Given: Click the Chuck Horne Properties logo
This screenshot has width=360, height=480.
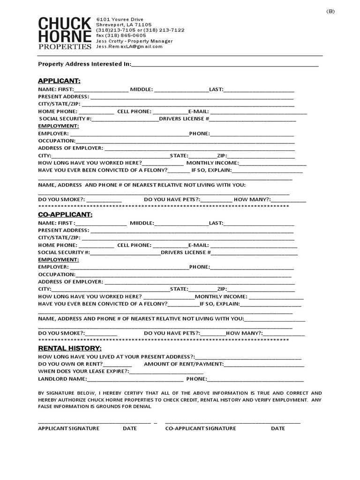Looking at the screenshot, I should tap(65, 33).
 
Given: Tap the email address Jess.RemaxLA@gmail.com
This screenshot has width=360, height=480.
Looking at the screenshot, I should tap(129, 46).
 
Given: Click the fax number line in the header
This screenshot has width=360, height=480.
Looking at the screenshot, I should tap(121, 35).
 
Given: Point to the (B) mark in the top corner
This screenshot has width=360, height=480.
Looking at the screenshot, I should tap(330, 12).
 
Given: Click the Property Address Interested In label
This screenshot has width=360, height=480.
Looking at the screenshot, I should tap(84, 64).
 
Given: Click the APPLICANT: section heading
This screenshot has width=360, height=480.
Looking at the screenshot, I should tap(59, 81).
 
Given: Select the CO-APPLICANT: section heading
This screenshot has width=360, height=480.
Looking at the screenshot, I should tap(65, 214).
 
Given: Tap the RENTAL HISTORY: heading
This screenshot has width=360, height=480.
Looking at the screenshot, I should tap(69, 348).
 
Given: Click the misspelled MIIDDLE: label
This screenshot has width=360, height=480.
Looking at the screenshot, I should tap(142, 223).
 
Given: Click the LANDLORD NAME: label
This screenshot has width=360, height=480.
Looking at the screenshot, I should tap(62, 379).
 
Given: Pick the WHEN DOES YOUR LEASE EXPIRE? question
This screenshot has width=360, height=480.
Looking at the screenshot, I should tap(83, 371).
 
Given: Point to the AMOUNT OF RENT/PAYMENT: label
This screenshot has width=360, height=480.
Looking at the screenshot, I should tap(184, 364).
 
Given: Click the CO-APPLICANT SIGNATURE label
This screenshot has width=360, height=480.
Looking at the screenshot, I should tap(200, 428).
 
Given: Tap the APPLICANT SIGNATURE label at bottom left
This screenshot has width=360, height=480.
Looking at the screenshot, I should tap(68, 428).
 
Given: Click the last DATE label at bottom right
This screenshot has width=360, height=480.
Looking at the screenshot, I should tap(277, 428).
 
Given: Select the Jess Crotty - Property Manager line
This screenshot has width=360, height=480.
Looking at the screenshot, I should tap(134, 41).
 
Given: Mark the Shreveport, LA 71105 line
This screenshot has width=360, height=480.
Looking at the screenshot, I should tap(124, 24).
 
